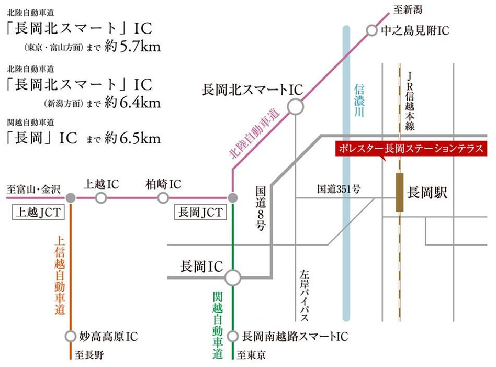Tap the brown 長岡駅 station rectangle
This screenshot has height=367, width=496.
tap(400, 192)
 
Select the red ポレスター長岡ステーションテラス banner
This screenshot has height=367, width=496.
tap(411, 148)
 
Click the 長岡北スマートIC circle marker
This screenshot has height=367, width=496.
tap(296, 107)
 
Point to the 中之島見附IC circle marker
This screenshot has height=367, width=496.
tap(371, 31)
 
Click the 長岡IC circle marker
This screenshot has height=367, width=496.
tap(232, 277)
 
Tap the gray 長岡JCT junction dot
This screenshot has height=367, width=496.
tap(233, 198)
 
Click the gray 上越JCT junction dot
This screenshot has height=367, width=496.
tap(71, 198)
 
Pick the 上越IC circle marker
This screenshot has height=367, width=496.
tap(101, 198)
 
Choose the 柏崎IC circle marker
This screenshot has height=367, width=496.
tap(163, 198)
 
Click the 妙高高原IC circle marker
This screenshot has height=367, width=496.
tap(71, 336)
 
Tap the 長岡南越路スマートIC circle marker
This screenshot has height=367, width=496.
tap(233, 336)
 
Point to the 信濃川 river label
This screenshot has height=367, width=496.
tap(359, 103)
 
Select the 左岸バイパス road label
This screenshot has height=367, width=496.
tap(305, 295)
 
